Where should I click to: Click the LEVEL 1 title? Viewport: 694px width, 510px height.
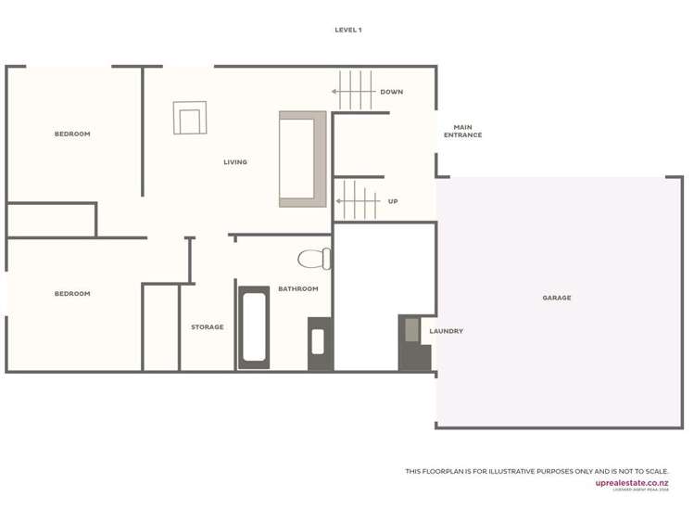coord(348,30)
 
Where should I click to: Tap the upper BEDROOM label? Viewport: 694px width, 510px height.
coord(72,134)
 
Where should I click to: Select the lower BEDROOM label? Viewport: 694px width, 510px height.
coord(72,294)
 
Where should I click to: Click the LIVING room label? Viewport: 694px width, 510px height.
coord(235,162)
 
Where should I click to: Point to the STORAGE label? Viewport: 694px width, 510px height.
coord(208,327)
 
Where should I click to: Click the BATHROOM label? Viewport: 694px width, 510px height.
coord(298,289)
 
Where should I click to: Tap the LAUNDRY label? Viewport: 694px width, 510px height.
coord(447,331)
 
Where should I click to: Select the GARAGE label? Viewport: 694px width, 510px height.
coord(557,298)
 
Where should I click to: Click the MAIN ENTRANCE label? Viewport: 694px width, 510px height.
coord(462,131)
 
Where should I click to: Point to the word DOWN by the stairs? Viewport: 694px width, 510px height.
coord(391,92)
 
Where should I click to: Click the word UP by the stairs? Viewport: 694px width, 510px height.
coord(393,201)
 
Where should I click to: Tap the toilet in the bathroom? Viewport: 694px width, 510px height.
coord(313,259)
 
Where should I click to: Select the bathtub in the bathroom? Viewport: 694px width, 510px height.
coord(254,327)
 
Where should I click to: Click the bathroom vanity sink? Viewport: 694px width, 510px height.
coord(319,343)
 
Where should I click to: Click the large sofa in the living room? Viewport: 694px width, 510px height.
coord(302,159)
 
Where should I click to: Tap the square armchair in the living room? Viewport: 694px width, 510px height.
coord(190,119)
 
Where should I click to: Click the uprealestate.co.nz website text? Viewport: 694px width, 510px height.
coord(632,482)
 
